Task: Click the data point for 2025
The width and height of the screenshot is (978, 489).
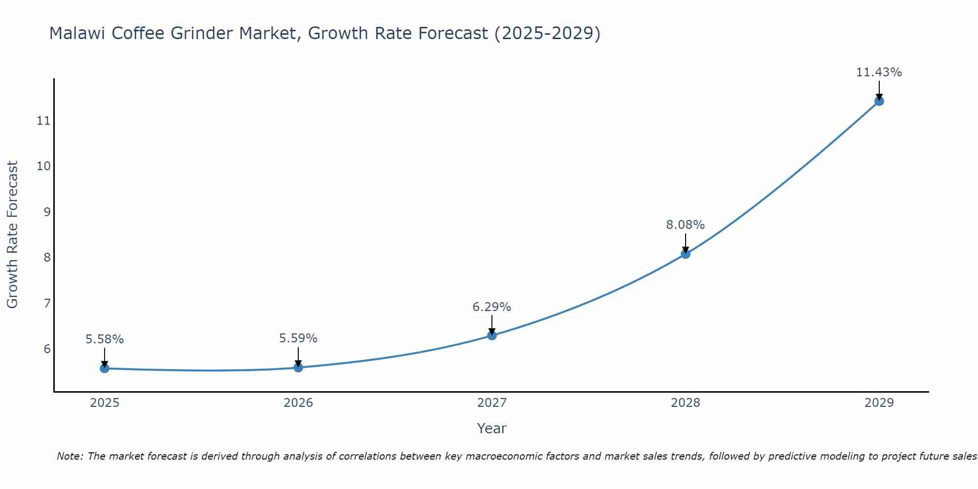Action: tap(104, 368)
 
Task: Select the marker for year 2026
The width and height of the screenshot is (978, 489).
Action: tap(298, 367)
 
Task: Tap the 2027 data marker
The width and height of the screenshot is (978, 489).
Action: tap(492, 335)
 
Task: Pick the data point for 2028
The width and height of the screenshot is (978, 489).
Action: tap(686, 254)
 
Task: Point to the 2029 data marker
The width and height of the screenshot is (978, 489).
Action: tap(879, 101)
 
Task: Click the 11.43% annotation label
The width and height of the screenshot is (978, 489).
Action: tap(879, 72)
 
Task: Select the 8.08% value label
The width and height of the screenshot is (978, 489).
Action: tap(685, 225)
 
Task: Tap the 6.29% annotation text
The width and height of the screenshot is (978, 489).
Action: tap(491, 307)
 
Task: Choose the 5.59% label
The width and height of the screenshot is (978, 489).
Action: tap(298, 338)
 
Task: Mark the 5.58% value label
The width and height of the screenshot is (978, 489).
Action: tap(105, 339)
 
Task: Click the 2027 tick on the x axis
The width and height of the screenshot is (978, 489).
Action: tap(492, 403)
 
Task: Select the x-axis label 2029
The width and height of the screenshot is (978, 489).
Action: tap(879, 403)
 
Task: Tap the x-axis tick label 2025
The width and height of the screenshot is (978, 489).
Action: tap(105, 403)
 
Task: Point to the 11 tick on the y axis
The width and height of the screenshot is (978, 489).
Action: tap(44, 121)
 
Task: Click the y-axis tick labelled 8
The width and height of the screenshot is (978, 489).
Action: tap(47, 258)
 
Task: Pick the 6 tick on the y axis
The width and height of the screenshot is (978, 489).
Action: tap(47, 349)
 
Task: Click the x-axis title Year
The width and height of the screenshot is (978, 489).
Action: tap(491, 428)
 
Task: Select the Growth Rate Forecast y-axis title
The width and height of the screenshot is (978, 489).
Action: tap(12, 234)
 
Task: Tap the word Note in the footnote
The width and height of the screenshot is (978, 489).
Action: tap(70, 456)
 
